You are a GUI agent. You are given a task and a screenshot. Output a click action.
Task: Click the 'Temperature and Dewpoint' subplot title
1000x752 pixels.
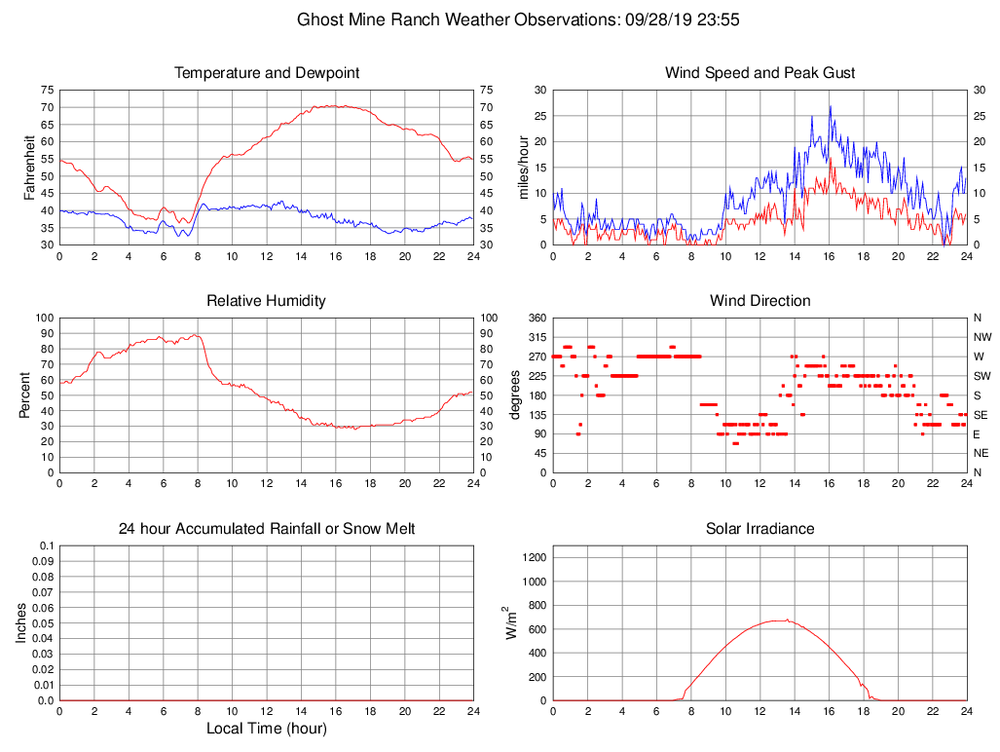(267, 73)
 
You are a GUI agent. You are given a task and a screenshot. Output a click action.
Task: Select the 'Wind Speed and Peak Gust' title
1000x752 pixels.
(759, 73)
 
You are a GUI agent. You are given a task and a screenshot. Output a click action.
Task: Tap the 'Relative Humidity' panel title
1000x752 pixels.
(267, 301)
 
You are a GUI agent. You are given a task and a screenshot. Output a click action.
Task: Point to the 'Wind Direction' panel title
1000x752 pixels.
(759, 301)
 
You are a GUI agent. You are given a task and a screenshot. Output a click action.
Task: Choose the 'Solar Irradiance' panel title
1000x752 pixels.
(759, 529)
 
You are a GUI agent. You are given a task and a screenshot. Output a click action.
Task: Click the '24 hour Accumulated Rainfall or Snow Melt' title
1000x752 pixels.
(267, 529)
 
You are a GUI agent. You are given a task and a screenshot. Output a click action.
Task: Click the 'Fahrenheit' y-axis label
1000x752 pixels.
(29, 167)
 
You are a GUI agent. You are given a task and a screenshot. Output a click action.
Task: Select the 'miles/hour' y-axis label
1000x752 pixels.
(523, 167)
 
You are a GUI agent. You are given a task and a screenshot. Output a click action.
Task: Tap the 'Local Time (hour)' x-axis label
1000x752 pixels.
(267, 729)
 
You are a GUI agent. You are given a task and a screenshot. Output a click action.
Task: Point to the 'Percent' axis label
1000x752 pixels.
(24, 395)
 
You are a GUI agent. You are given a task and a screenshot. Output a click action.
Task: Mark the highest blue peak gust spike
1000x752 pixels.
(831, 106)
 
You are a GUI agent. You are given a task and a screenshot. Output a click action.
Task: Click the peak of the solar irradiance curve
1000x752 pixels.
(786, 620)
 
